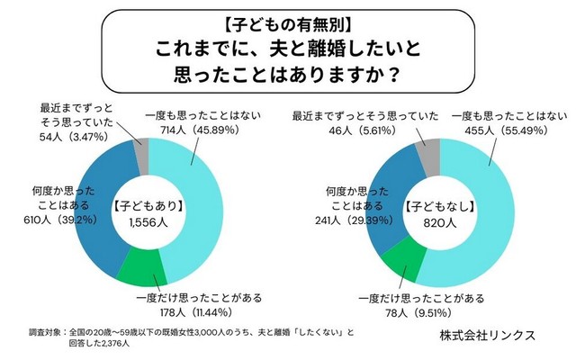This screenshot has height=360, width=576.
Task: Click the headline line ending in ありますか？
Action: (x=288, y=69)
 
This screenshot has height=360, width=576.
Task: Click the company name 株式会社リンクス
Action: (x=487, y=334)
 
